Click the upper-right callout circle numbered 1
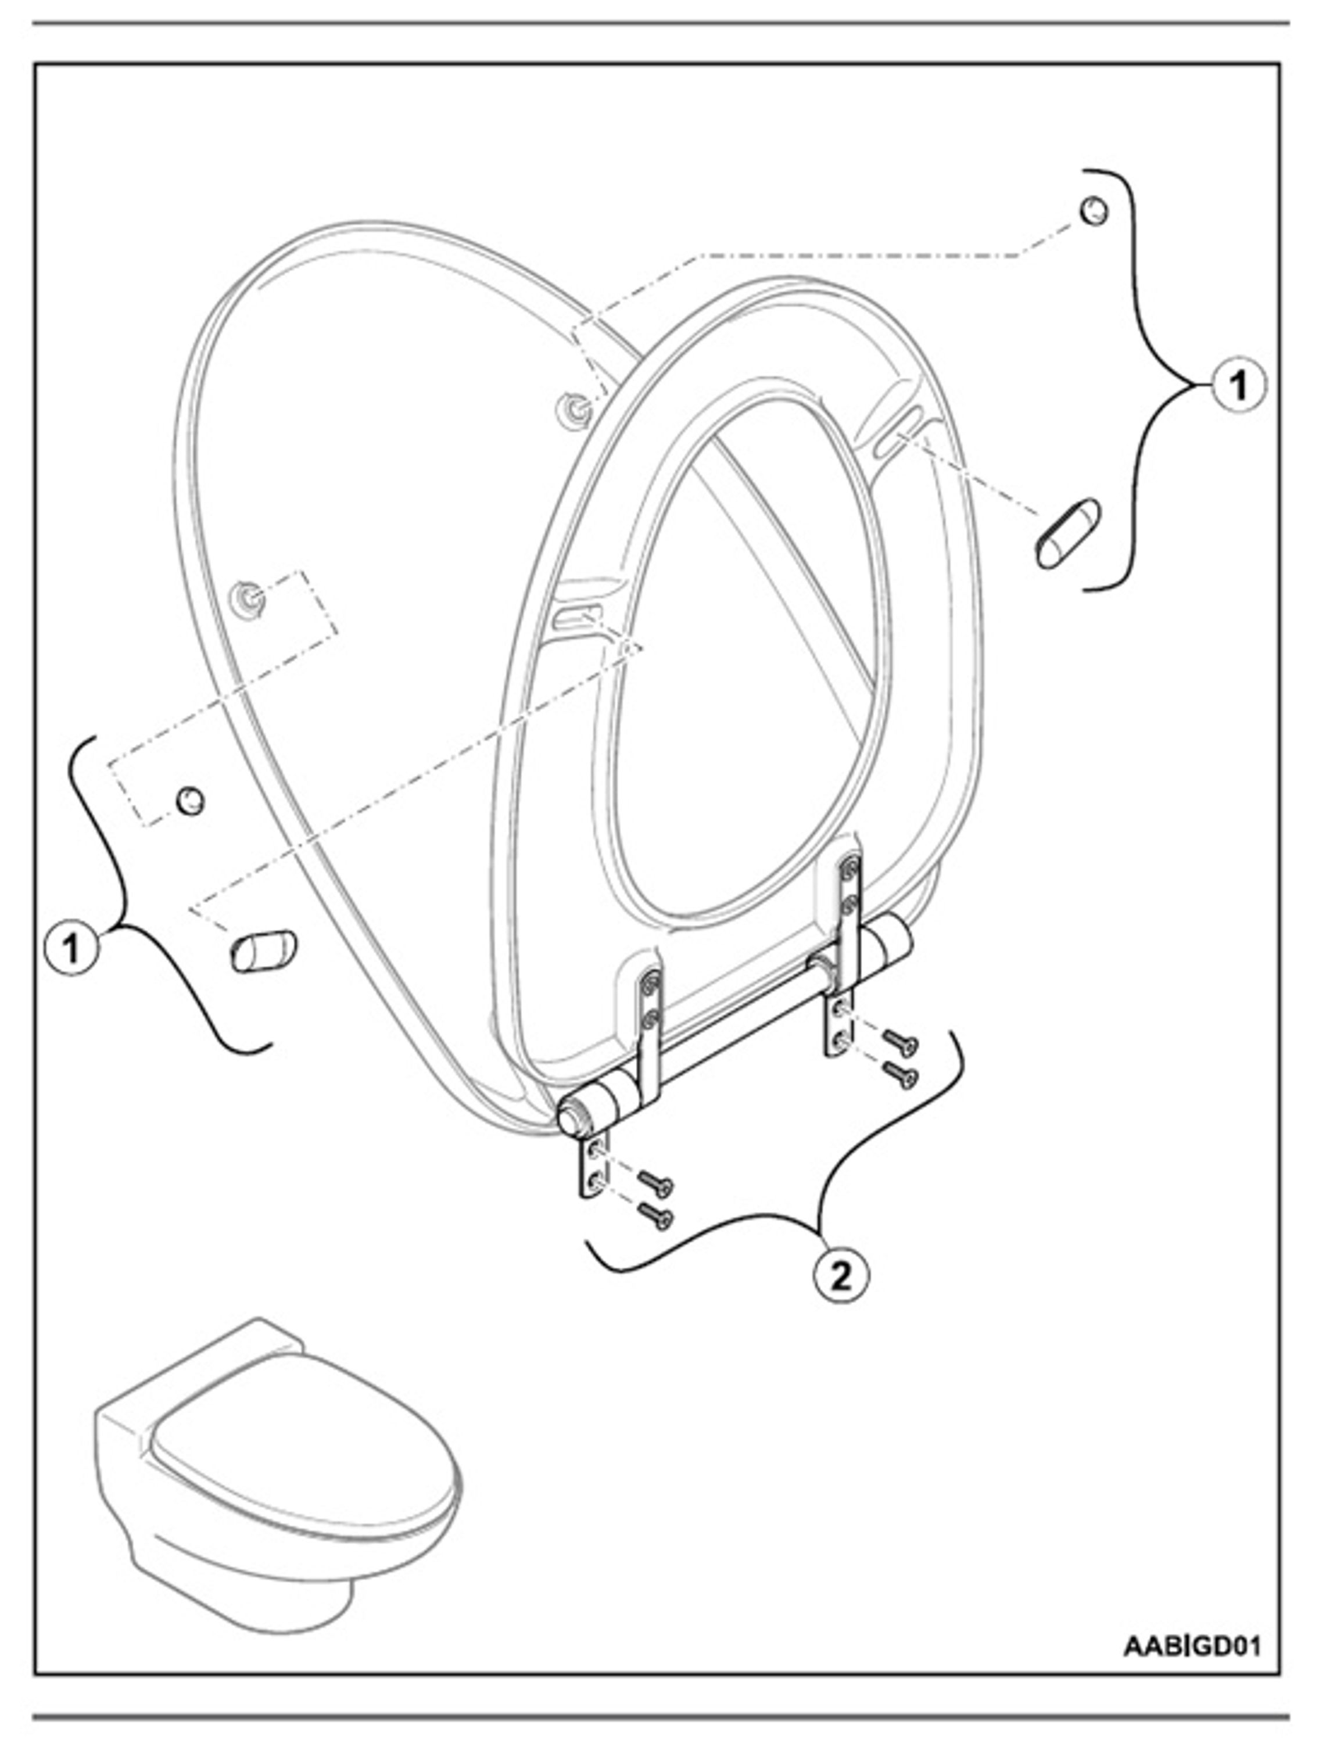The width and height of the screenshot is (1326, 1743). click(x=1238, y=386)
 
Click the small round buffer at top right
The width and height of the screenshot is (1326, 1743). click(x=1093, y=211)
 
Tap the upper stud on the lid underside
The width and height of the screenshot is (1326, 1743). click(x=575, y=408)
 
